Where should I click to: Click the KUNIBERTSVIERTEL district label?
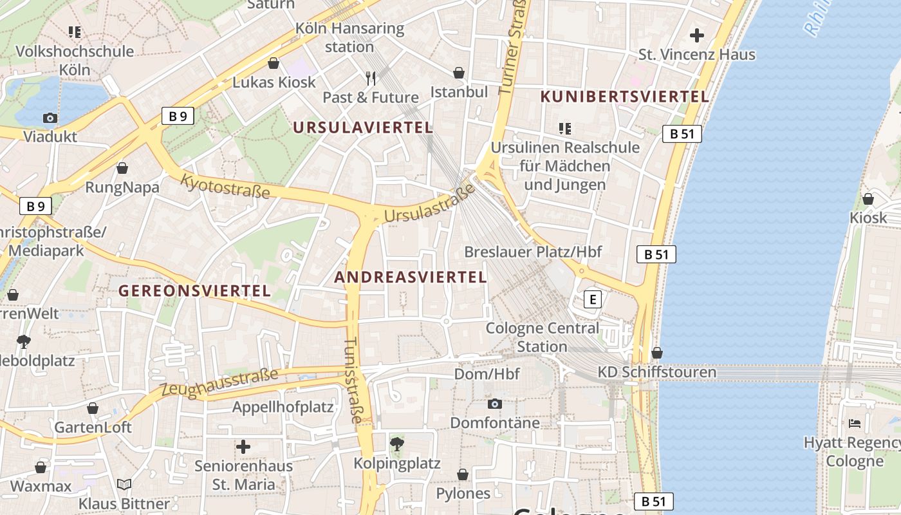pyautogui.click(x=625, y=97)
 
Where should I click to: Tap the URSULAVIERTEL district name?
pyautogui.click(x=363, y=127)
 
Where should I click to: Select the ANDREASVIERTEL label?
pyautogui.click(x=411, y=277)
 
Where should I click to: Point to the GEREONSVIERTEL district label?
pyautogui.click(x=194, y=290)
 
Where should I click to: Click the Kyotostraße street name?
pyautogui.click(x=225, y=186)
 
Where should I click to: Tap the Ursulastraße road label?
pyautogui.click(x=429, y=204)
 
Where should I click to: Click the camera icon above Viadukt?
pyautogui.click(x=50, y=118)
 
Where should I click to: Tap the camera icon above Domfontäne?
pyautogui.click(x=494, y=404)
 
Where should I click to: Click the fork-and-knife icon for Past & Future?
pyautogui.click(x=370, y=79)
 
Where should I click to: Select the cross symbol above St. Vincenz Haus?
pyautogui.click(x=696, y=35)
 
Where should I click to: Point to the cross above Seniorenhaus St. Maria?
pyautogui.click(x=243, y=446)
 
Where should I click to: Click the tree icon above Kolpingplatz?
pyautogui.click(x=396, y=444)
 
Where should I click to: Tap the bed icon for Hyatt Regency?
pyautogui.click(x=855, y=423)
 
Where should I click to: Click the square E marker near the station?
pyautogui.click(x=592, y=299)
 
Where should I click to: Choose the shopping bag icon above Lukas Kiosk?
pyautogui.click(x=274, y=63)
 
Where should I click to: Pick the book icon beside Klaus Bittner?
pyautogui.click(x=124, y=484)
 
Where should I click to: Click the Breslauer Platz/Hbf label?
pyautogui.click(x=533, y=251)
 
